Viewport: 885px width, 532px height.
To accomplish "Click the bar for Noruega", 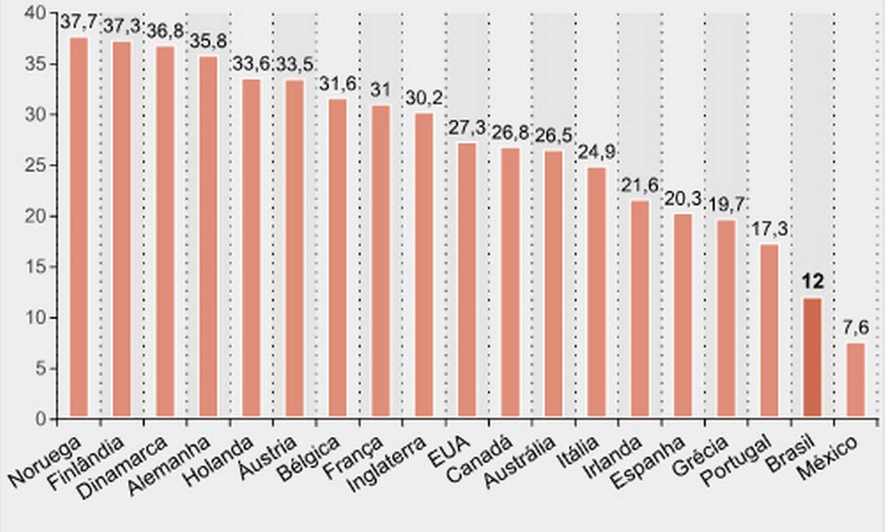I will coord(79,228).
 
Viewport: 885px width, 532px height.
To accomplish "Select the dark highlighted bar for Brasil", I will coord(812,358).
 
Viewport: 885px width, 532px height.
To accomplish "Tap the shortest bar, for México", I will coord(856,380).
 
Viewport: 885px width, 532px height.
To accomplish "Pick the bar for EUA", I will coord(467,281).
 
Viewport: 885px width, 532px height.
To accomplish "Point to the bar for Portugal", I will coord(769,331).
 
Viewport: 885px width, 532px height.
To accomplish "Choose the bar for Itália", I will coord(597,293).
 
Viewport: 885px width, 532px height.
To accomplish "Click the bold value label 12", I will coord(812,283).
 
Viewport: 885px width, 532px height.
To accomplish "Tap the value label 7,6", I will coord(856,328).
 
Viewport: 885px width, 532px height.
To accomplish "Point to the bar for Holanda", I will coord(252,249).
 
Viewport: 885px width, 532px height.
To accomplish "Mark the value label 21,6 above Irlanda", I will coord(640,185).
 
